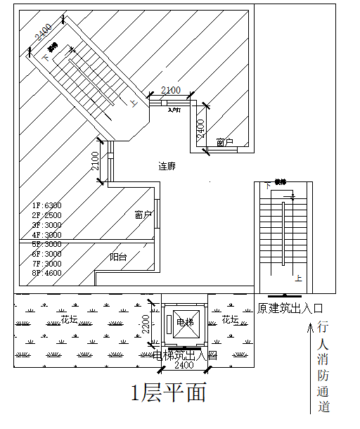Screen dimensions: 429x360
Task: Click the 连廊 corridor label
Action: click(167, 167)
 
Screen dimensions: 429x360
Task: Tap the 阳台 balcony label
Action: click(119, 257)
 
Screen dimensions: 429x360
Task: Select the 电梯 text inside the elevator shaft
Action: click(184, 322)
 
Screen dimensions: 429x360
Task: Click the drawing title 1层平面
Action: click(169, 392)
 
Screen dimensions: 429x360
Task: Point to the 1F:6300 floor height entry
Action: click(46, 205)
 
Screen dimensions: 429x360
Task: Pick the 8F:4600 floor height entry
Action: click(46, 273)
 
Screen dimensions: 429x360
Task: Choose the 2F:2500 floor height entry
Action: click(46, 215)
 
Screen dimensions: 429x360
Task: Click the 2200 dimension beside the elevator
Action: click(146, 324)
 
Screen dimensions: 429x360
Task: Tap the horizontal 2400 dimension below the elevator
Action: click(184, 366)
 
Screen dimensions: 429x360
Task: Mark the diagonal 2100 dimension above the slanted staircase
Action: click(42, 34)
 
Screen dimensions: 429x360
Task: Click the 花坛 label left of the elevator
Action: click(69, 319)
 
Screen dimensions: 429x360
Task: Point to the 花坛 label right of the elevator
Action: click(231, 319)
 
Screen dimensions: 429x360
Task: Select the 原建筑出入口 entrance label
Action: click(290, 308)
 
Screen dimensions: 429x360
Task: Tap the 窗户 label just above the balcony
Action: click(143, 214)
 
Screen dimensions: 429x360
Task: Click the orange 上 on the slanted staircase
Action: click(134, 103)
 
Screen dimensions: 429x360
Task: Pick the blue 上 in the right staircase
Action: click(299, 278)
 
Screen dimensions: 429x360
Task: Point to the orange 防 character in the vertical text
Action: click(323, 375)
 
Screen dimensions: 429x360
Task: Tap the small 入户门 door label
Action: click(174, 110)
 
